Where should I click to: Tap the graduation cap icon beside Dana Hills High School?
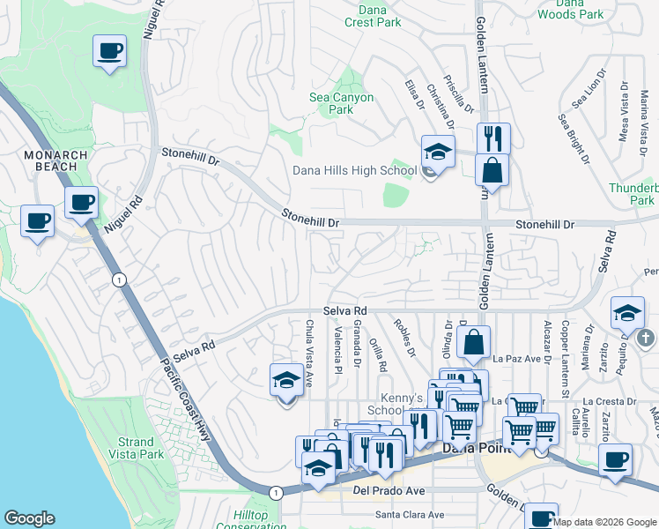click(438, 150)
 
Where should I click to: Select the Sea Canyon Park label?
click(341, 103)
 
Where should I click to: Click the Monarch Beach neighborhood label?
click(56, 161)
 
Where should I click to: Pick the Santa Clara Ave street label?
click(410, 514)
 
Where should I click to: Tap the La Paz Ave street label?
click(509, 359)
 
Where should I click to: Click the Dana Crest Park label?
click(373, 15)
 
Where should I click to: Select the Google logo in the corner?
click(29, 518)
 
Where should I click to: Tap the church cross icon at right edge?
click(646, 337)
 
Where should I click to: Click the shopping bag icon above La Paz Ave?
click(473, 343)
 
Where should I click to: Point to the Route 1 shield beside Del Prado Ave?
click(277, 492)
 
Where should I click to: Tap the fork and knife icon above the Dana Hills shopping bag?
click(493, 138)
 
